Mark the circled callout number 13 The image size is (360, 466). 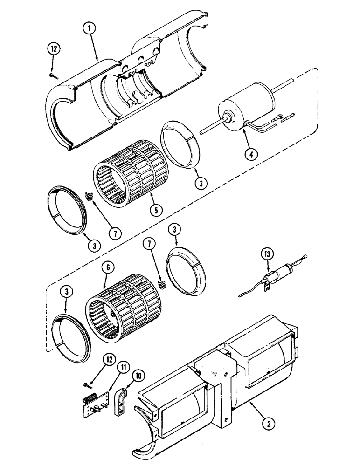coord(267,254)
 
